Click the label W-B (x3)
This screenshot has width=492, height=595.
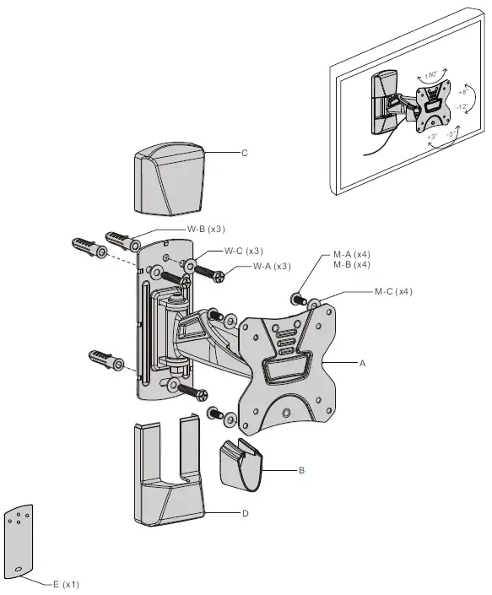(x=205, y=229)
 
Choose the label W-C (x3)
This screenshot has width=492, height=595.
(x=243, y=251)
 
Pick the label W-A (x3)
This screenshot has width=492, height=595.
(x=272, y=267)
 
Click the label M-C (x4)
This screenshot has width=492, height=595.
(x=393, y=292)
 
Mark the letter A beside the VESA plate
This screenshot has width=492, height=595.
(x=363, y=364)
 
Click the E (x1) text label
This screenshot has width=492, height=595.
(x=65, y=584)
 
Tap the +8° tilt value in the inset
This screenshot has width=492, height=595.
(x=464, y=90)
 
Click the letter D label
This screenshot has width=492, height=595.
(x=245, y=512)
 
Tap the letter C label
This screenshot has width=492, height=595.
(x=244, y=153)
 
